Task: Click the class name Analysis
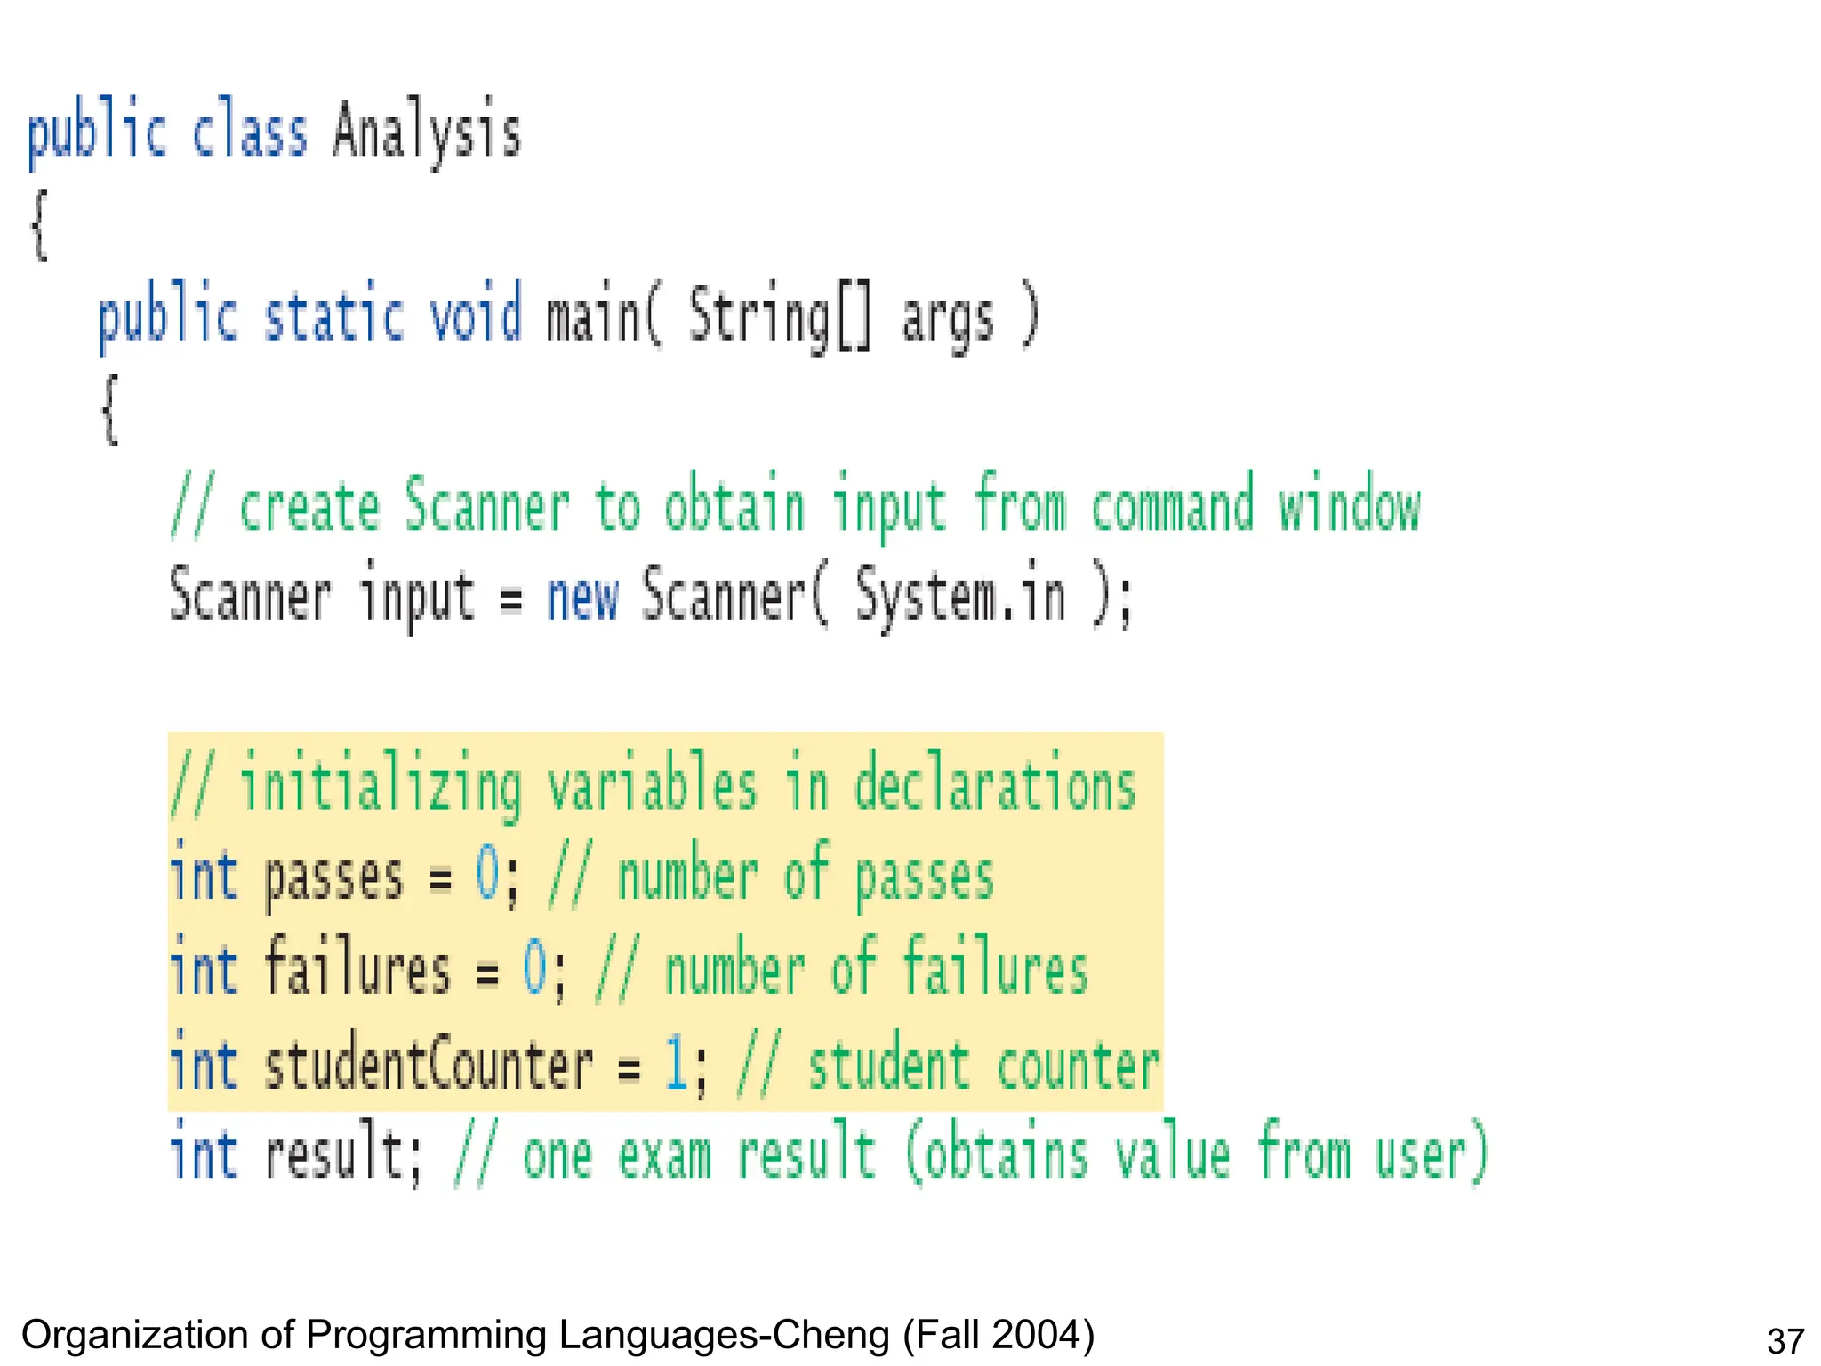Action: click(x=427, y=132)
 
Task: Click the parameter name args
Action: click(x=947, y=320)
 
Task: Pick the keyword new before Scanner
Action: click(x=582, y=596)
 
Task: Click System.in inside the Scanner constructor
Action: click(x=960, y=596)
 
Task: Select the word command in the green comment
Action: click(x=1172, y=504)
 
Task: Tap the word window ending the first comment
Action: click(x=1349, y=504)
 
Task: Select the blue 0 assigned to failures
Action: click(x=534, y=969)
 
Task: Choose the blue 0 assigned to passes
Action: click(x=487, y=874)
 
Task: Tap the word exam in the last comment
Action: click(x=664, y=1156)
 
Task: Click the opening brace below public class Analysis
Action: click(x=39, y=227)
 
